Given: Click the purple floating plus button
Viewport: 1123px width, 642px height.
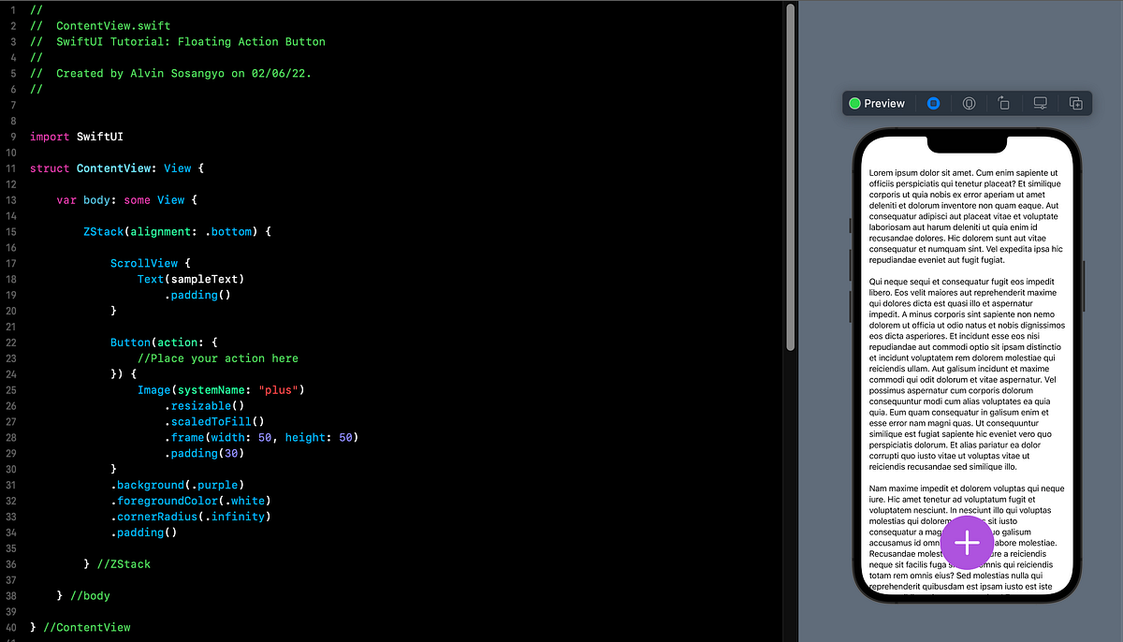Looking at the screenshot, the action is pos(967,542).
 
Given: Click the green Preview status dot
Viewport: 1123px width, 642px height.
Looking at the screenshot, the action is pos(854,103).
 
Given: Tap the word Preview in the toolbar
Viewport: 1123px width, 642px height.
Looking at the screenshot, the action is pos(884,103).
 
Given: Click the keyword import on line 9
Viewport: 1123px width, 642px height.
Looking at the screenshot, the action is pos(50,137).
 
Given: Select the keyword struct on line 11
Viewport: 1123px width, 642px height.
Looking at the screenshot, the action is pos(50,168).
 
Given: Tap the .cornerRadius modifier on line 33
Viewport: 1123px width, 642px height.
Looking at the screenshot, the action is pos(153,517).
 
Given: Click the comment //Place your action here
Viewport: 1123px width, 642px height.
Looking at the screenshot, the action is pos(218,358).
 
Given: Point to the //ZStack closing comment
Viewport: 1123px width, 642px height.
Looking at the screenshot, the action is pos(124,564).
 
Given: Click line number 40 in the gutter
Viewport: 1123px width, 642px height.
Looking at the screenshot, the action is pos(11,627).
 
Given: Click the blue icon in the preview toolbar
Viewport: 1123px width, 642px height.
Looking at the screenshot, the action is pos(933,103).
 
